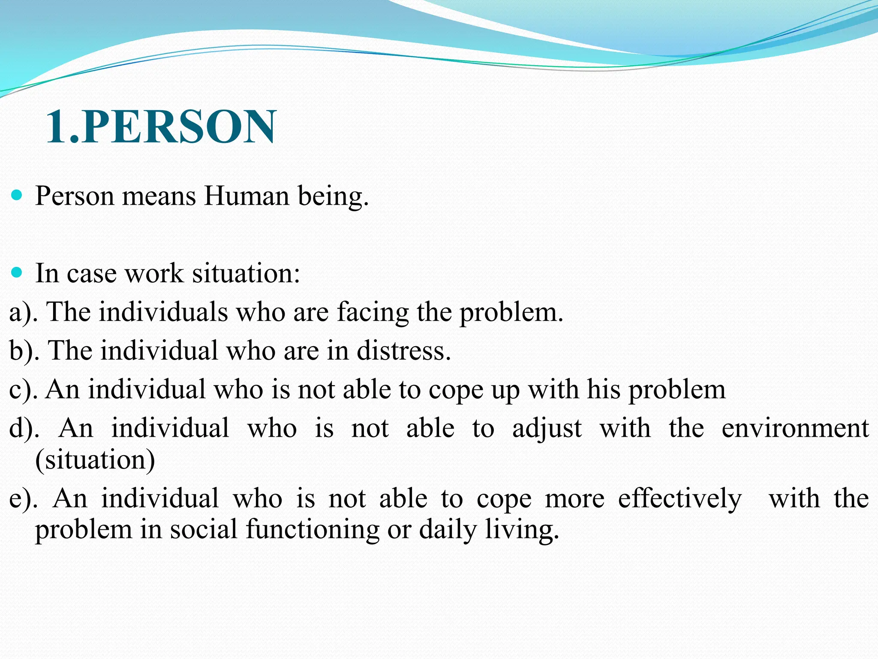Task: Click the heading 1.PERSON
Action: pos(161,127)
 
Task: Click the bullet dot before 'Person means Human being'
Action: pos(17,196)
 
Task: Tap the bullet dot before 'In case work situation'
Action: pos(17,272)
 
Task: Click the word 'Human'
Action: pos(247,196)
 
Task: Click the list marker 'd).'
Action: pos(24,428)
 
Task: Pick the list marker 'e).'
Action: pos(23,499)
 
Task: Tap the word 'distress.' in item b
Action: pos(403,351)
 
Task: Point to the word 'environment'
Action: pos(795,428)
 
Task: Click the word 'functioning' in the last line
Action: pos(313,529)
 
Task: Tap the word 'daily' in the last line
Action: pos(448,529)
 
